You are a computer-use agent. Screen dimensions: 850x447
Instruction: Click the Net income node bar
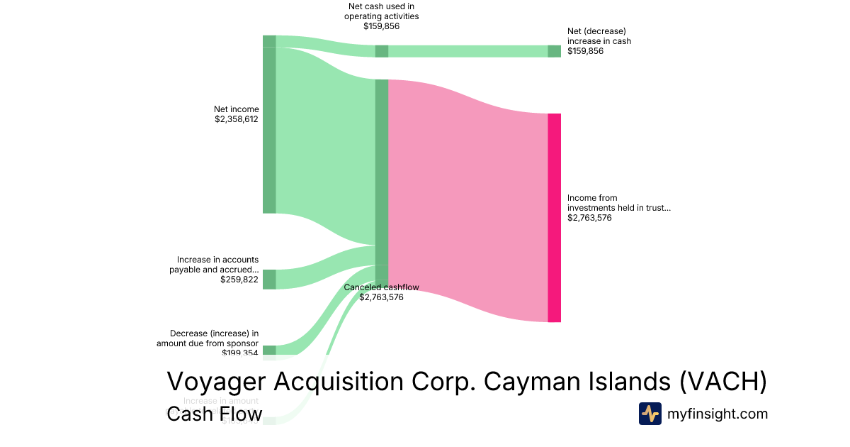click(x=269, y=130)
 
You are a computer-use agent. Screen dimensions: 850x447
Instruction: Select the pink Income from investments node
click(x=554, y=217)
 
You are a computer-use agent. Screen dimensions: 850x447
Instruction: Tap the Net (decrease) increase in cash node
click(x=554, y=51)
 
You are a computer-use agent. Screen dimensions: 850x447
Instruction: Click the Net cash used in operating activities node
click(x=381, y=51)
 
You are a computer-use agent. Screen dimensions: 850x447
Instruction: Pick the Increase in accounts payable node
click(x=269, y=279)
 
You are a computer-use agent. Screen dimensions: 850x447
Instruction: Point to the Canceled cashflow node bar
click(x=381, y=181)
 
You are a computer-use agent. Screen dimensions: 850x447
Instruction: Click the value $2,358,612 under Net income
click(x=237, y=119)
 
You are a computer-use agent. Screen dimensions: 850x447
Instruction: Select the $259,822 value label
click(x=239, y=280)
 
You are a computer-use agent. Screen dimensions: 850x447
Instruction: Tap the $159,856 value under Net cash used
click(x=381, y=26)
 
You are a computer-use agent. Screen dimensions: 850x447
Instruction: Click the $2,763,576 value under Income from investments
click(x=589, y=218)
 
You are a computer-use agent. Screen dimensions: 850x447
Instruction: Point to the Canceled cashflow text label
click(x=381, y=287)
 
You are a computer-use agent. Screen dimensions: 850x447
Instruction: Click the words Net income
click(x=237, y=109)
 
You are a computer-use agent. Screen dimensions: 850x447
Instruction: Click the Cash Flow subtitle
click(x=214, y=414)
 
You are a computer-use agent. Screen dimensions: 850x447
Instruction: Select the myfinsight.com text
click(x=718, y=414)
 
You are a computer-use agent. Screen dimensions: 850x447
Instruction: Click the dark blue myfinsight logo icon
click(x=650, y=414)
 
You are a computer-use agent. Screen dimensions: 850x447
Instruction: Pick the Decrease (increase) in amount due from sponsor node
click(x=269, y=350)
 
